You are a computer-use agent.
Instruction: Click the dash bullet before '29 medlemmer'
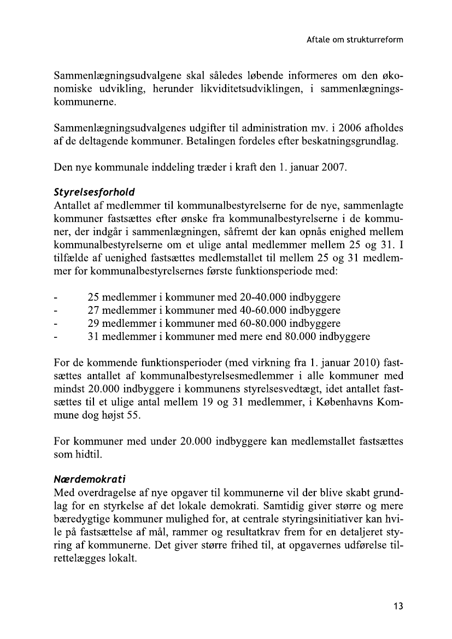[56, 324]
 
